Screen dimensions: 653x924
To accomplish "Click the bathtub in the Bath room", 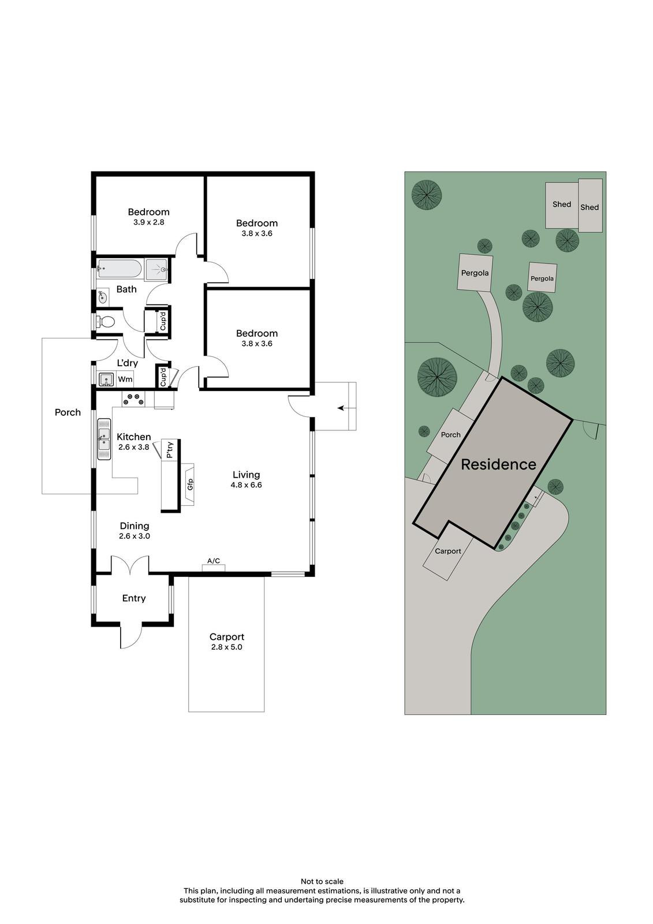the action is coord(119,269).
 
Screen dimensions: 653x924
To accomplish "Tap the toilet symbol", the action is coord(105,322).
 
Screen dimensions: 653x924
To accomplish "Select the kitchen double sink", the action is coord(105,439).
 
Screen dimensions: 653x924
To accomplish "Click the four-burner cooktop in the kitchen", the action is coord(133,399).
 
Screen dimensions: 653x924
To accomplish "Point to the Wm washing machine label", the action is coord(125,379).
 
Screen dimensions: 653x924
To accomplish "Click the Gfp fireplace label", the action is coord(190,485).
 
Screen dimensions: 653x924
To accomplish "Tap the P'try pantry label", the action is coord(169,450).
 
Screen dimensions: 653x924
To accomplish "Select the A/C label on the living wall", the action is coord(214,561).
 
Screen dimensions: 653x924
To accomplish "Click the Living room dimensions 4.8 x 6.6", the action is coord(247,485).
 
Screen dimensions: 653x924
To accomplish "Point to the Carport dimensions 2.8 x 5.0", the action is coord(226,647).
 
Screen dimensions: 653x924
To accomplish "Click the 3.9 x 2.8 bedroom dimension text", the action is coord(148,222).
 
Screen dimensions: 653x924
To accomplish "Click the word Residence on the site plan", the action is coord(498,464).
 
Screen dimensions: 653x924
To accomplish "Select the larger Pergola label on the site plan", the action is coord(475,273).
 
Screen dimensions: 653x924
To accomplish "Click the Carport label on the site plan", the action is coord(448,551).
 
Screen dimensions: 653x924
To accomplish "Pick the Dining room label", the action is coord(135,526).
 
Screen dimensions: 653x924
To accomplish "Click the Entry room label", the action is coord(133,598).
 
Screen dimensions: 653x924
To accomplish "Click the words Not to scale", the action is coord(322,881).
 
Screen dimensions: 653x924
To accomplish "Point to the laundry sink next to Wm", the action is coord(106,379).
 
